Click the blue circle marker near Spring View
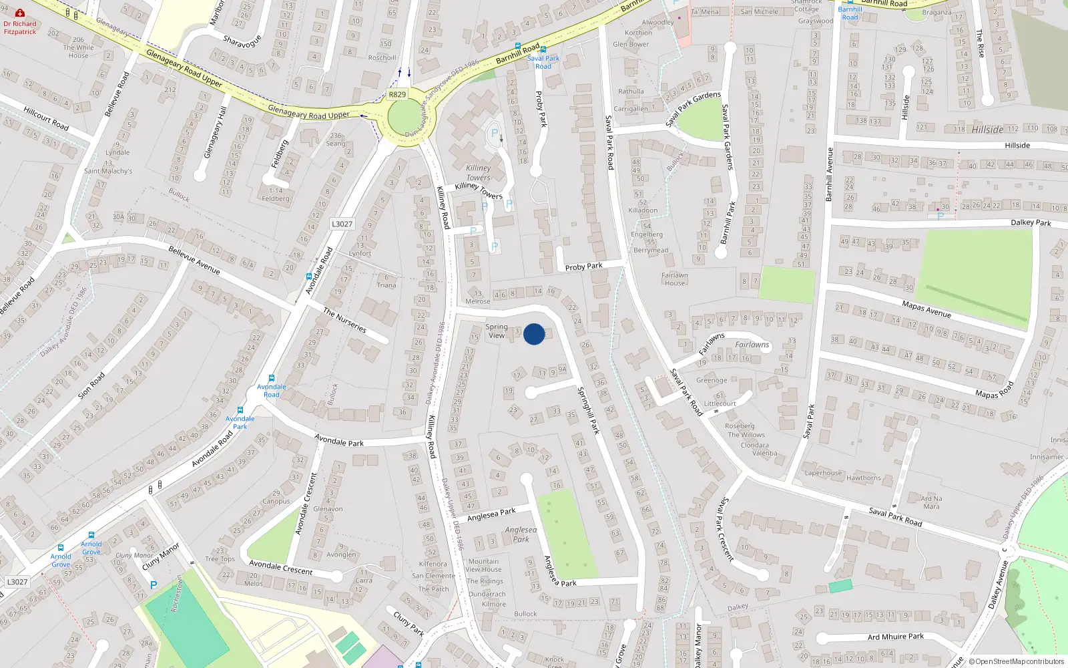click(534, 334)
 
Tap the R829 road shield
click(397, 94)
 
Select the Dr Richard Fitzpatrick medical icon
click(20, 13)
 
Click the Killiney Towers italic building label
click(478, 172)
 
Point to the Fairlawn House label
click(675, 279)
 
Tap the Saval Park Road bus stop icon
click(543, 49)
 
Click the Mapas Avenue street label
click(926, 309)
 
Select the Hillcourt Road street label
click(46, 118)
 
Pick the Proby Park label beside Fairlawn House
click(583, 267)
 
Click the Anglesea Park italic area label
click(521, 534)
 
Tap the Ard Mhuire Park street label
click(895, 637)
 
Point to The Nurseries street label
click(344, 320)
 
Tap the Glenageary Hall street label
click(215, 133)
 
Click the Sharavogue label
click(242, 42)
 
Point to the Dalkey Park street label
click(1031, 222)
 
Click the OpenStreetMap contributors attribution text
click(1017, 661)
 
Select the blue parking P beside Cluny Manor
click(154, 584)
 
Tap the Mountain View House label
click(483, 565)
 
